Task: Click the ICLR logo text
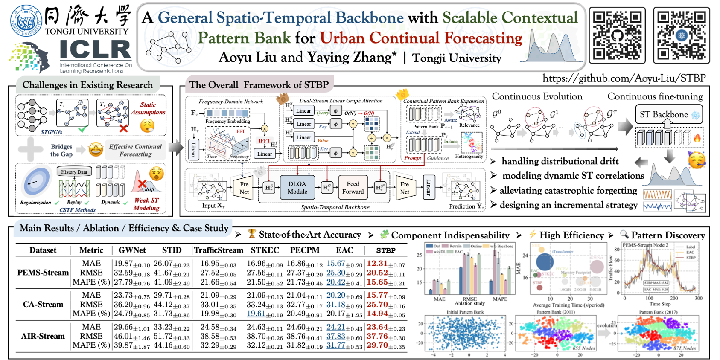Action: pyautogui.click(x=95, y=50)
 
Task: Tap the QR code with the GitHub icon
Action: pyautogui.click(x=617, y=35)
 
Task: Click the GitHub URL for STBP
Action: pyautogui.click(x=624, y=78)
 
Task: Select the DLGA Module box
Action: pyautogui.click(x=297, y=188)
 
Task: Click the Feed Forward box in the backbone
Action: pyautogui.click(x=353, y=188)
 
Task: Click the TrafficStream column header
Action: pyautogui.click(x=219, y=250)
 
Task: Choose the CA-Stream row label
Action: pyautogui.click(x=43, y=305)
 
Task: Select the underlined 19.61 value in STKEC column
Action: pyautogui.click(x=256, y=314)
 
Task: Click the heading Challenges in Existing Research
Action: pyautogui.click(x=87, y=85)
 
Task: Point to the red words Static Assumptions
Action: pyautogui.click(x=148, y=108)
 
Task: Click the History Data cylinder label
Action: pyautogui.click(x=74, y=172)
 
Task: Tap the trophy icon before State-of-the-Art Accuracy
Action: pyautogui.click(x=252, y=233)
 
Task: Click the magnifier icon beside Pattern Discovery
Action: pyautogui.click(x=624, y=234)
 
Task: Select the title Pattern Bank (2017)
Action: pyautogui.click(x=658, y=312)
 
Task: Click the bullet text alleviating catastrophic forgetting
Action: pyautogui.click(x=568, y=191)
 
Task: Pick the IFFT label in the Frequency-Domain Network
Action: pyautogui.click(x=264, y=141)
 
